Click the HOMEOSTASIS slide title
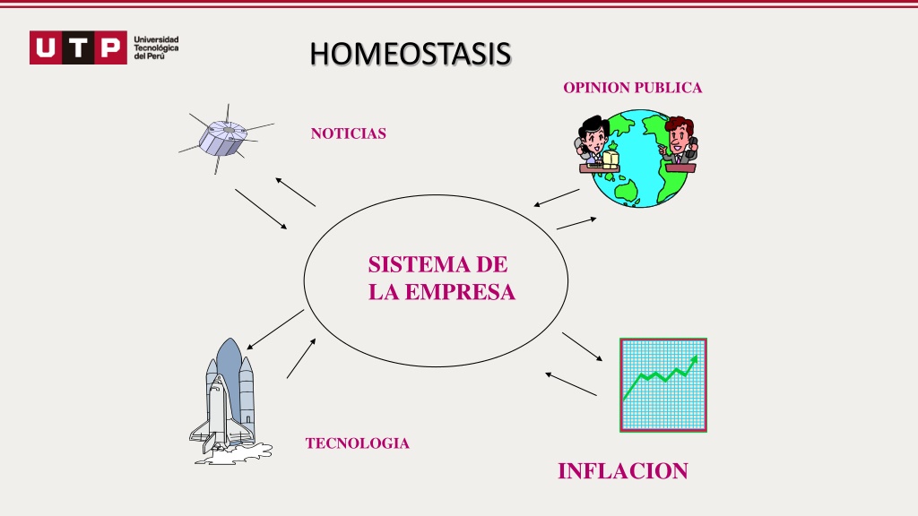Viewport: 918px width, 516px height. (411, 54)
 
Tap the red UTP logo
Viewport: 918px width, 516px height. (78, 47)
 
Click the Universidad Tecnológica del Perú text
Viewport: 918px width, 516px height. (156, 47)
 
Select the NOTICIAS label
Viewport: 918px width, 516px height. (349, 133)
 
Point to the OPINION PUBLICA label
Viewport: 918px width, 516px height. (632, 88)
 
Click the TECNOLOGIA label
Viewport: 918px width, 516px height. (357, 443)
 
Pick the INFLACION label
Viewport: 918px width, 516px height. (623, 471)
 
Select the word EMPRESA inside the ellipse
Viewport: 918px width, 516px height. (460, 292)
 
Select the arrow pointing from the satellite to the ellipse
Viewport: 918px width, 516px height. (261, 209)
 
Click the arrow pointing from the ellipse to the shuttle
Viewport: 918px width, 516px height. (275, 330)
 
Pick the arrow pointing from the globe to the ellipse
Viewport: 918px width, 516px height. (556, 198)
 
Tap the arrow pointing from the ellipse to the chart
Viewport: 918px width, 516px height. (582, 347)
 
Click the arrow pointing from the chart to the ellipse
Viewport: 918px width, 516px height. (571, 384)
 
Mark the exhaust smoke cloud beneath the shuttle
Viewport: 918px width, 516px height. (234, 454)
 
